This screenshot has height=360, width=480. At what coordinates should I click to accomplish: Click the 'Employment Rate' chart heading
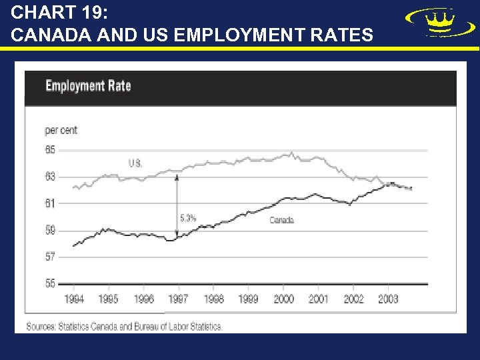click(x=88, y=86)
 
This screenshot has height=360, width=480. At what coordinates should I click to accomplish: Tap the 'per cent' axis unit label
click(x=61, y=130)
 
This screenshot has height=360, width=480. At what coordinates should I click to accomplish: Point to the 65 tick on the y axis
click(x=51, y=150)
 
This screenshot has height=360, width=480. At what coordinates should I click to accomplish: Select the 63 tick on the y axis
click(x=51, y=177)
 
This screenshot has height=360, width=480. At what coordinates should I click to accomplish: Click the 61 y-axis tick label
click(x=51, y=203)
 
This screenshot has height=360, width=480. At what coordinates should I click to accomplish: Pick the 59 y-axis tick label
click(x=51, y=231)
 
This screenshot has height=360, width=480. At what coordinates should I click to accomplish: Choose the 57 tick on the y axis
click(x=51, y=257)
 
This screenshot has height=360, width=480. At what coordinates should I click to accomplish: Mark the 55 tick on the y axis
click(x=51, y=283)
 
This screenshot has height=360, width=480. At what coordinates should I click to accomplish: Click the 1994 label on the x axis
click(x=74, y=299)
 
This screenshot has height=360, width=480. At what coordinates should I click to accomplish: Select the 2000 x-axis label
click(x=283, y=299)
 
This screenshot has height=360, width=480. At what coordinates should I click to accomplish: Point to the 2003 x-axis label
click(x=388, y=299)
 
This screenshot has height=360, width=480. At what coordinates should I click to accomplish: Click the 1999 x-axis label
click(x=248, y=299)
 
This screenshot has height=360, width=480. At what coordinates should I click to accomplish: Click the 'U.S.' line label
click(x=135, y=163)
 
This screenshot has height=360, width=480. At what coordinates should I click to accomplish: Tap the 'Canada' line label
click(x=281, y=220)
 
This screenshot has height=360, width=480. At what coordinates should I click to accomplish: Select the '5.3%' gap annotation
click(x=188, y=217)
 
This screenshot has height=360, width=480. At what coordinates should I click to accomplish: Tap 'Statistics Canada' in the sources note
click(x=87, y=327)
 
